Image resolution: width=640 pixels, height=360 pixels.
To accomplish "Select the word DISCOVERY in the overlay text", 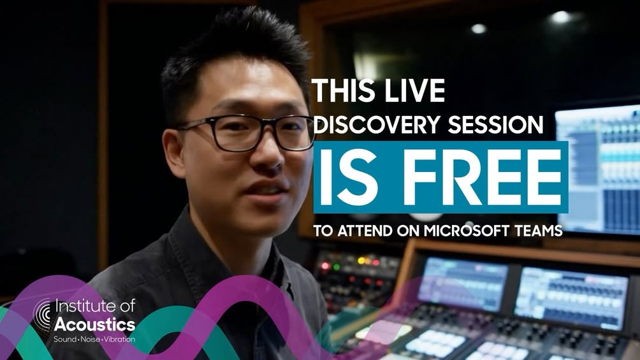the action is [377, 124].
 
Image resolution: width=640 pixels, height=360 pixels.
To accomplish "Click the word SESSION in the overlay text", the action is [495, 124].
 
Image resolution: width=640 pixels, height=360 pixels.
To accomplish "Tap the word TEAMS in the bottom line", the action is [539, 231].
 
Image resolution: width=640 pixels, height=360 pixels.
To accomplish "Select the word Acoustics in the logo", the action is [94, 325].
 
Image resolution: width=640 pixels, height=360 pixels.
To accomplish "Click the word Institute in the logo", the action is [82, 306].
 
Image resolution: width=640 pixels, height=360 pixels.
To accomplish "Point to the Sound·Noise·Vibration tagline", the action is [94, 339].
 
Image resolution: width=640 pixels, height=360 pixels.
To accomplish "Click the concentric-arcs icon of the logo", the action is [42, 313].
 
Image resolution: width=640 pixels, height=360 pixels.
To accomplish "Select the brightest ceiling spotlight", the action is [560, 17].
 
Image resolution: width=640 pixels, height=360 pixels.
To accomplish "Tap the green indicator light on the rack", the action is [337, 267].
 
